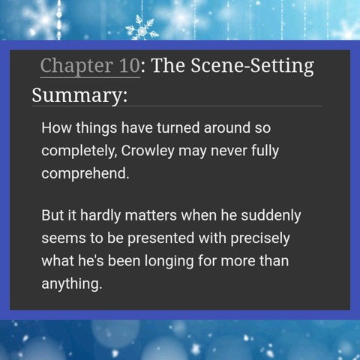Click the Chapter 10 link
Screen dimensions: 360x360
coord(90,66)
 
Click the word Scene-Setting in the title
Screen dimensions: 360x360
coord(252,66)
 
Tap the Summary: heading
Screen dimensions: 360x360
coord(79,95)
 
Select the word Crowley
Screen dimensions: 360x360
coord(148,151)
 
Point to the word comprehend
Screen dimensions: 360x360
coord(85,174)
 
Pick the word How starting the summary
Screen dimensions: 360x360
coord(56,127)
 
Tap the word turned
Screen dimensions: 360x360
coord(178,127)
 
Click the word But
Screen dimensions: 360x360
coord(52,215)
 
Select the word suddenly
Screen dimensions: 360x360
coord(271,216)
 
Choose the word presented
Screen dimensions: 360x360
coord(161,238)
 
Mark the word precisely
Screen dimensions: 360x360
coord(260,238)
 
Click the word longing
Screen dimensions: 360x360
coord(169,261)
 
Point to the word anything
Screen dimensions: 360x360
coord(72,284)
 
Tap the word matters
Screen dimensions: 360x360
coord(151,215)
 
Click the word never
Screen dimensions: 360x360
coord(229,151)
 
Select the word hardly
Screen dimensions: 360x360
coord(100,216)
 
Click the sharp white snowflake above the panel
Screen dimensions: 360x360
coord(142,28)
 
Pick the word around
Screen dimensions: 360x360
coord(227,127)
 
